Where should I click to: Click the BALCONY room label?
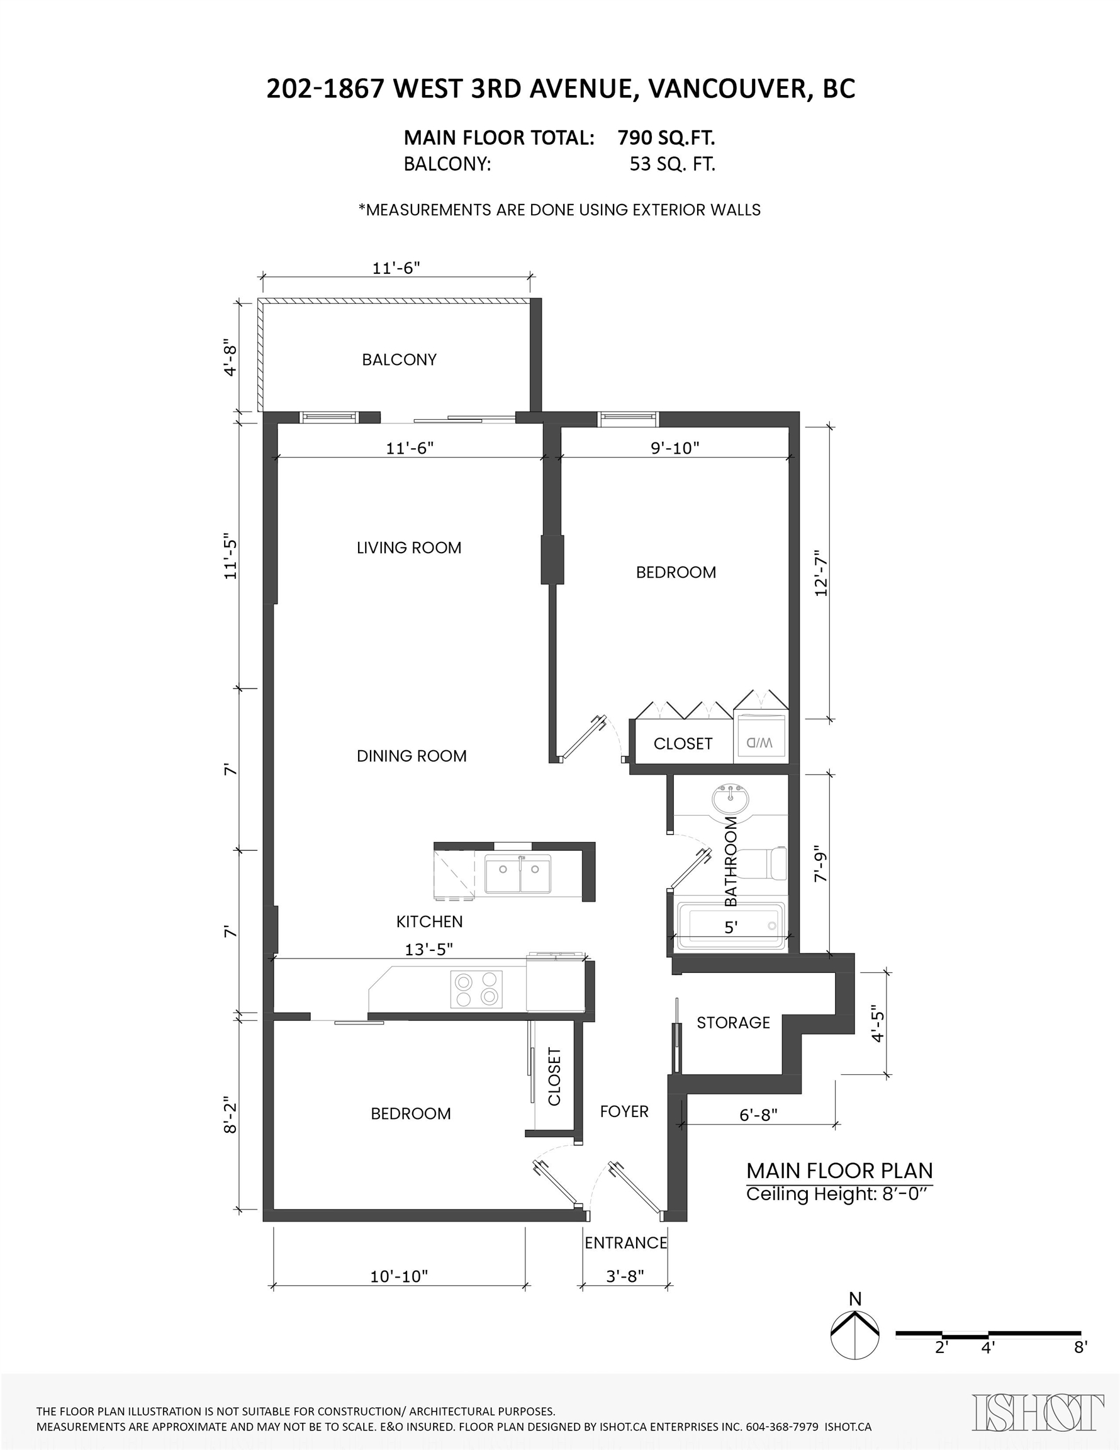pyautogui.click(x=399, y=359)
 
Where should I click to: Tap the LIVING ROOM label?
pyautogui.click(x=409, y=548)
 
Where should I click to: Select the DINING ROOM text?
pyautogui.click(x=412, y=756)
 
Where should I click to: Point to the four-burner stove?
pyautogui.click(x=476, y=989)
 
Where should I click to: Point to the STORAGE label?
pyautogui.click(x=733, y=1023)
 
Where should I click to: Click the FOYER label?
pyautogui.click(x=624, y=1111)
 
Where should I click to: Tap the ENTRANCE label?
pyautogui.click(x=626, y=1243)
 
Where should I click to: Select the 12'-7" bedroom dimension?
pyautogui.click(x=821, y=573)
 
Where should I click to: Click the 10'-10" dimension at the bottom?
pyautogui.click(x=399, y=1276)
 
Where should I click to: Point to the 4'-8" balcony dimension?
pyautogui.click(x=230, y=359)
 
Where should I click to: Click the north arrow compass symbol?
pyautogui.click(x=855, y=1335)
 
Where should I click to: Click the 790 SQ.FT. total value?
pyautogui.click(x=666, y=137)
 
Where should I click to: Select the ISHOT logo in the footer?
pyautogui.click(x=1038, y=1412)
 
